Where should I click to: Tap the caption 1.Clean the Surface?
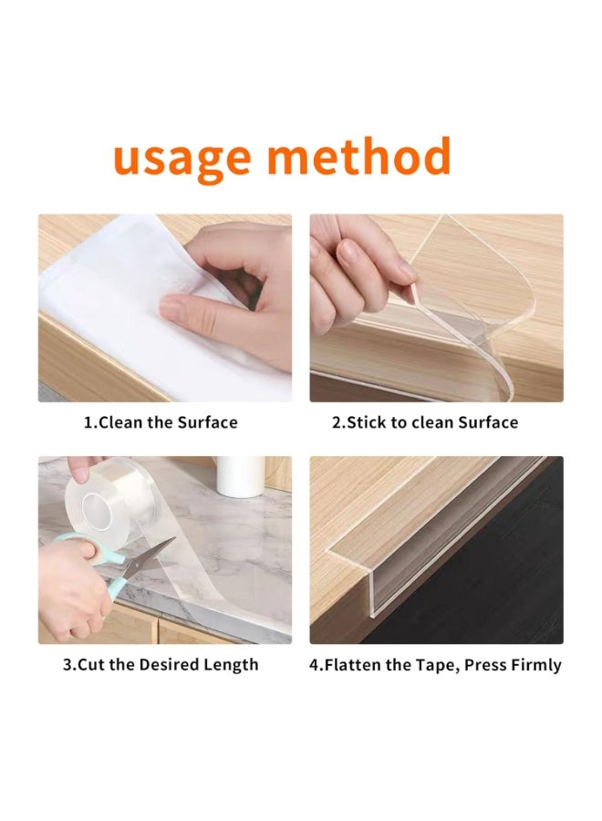161,422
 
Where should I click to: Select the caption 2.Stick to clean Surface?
424,422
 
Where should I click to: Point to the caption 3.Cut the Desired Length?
161,665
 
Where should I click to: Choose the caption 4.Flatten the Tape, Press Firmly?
435,665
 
